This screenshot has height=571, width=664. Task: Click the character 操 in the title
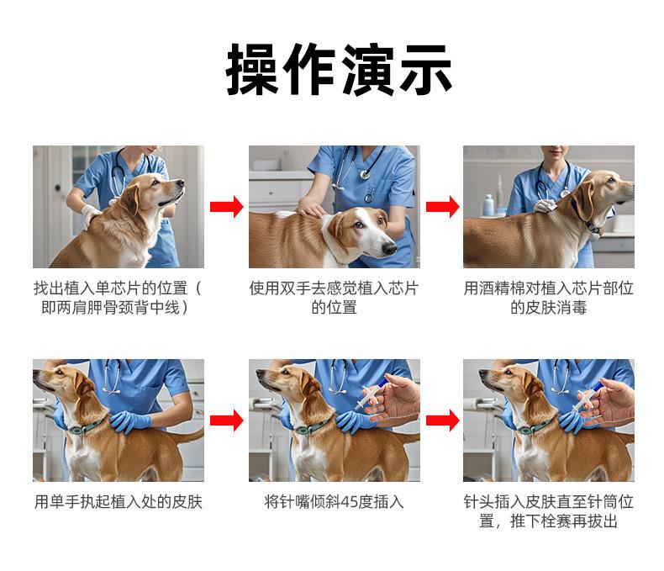click(252, 69)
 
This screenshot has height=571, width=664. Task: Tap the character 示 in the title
click(425, 69)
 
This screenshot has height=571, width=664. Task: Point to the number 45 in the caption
click(349, 502)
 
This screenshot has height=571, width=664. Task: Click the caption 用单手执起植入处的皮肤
click(119, 502)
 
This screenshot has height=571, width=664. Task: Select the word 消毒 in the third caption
click(572, 308)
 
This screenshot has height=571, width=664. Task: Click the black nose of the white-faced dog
click(389, 248)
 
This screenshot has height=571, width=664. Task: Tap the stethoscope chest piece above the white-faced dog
click(365, 174)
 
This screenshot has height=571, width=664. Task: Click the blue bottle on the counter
click(488, 205)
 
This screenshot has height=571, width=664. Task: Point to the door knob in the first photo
click(58, 188)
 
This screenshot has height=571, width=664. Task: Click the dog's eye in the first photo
click(155, 182)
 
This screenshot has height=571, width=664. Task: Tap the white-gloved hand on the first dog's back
click(91, 215)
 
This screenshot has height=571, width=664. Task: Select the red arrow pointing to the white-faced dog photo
click(227, 207)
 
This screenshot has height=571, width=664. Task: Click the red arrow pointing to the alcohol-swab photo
click(442, 207)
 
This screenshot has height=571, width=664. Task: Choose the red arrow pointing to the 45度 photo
click(227, 420)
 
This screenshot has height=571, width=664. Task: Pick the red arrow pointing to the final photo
click(442, 420)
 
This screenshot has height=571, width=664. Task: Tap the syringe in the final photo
click(586, 397)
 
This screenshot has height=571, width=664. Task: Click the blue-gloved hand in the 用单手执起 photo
click(130, 420)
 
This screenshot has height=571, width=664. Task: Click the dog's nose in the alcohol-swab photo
click(631, 186)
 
